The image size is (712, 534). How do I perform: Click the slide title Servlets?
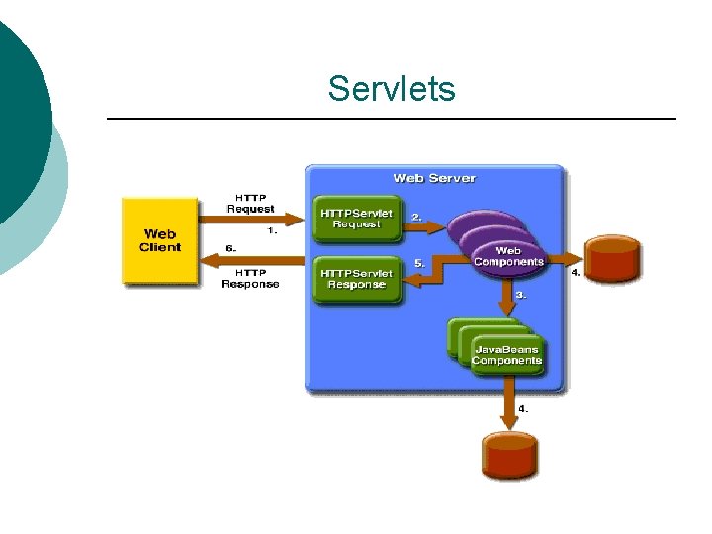[392, 89]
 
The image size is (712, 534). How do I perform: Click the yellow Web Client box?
[159, 241]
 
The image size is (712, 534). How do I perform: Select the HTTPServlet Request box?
[356, 219]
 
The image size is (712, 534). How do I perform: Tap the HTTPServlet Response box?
[356, 279]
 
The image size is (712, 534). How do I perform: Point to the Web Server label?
[433, 178]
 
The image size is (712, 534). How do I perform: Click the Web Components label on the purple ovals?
[508, 257]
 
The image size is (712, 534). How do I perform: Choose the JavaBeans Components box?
[506, 355]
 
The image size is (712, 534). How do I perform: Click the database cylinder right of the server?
[612, 260]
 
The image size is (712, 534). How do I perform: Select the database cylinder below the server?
[510, 455]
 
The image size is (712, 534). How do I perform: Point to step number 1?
[272, 231]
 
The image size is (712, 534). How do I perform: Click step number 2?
[417, 216]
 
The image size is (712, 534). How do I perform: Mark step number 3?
[521, 295]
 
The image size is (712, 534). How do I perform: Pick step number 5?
[419, 263]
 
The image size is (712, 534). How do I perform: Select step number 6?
[229, 248]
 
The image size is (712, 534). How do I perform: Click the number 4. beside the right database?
[576, 272]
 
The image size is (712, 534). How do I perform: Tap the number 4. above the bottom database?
[523, 407]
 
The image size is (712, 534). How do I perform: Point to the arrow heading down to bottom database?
[507, 410]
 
